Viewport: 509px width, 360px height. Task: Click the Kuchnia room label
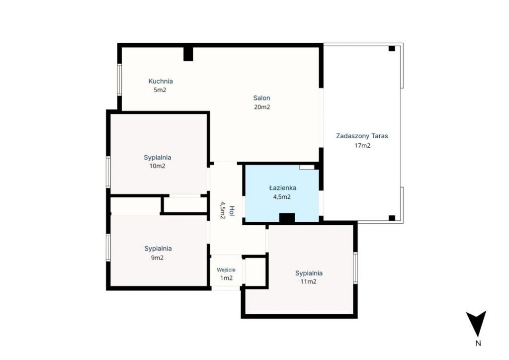click(161, 81)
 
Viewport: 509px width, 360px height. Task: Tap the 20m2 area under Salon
click(261, 107)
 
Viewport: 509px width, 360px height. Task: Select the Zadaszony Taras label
click(362, 136)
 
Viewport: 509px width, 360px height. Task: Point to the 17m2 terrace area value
click(362, 145)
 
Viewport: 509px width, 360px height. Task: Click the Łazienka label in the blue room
click(282, 187)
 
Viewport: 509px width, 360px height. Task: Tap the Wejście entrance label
click(226, 270)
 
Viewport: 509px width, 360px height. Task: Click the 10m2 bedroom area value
click(157, 166)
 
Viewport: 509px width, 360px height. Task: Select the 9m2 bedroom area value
click(157, 258)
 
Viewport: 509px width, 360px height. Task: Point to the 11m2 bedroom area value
click(308, 282)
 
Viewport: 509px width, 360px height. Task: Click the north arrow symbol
click(476, 323)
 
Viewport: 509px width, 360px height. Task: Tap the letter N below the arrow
click(478, 343)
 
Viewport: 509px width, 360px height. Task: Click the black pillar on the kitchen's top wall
click(188, 54)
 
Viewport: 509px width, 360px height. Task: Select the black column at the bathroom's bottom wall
click(287, 218)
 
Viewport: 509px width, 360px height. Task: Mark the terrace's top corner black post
click(392, 48)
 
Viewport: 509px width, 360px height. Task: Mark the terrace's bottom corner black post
click(392, 218)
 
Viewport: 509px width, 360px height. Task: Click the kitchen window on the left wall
click(119, 80)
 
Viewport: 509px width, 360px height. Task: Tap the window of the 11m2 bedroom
click(355, 268)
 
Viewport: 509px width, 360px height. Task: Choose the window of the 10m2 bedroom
click(108, 172)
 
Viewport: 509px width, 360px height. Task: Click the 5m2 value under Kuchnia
click(160, 90)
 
